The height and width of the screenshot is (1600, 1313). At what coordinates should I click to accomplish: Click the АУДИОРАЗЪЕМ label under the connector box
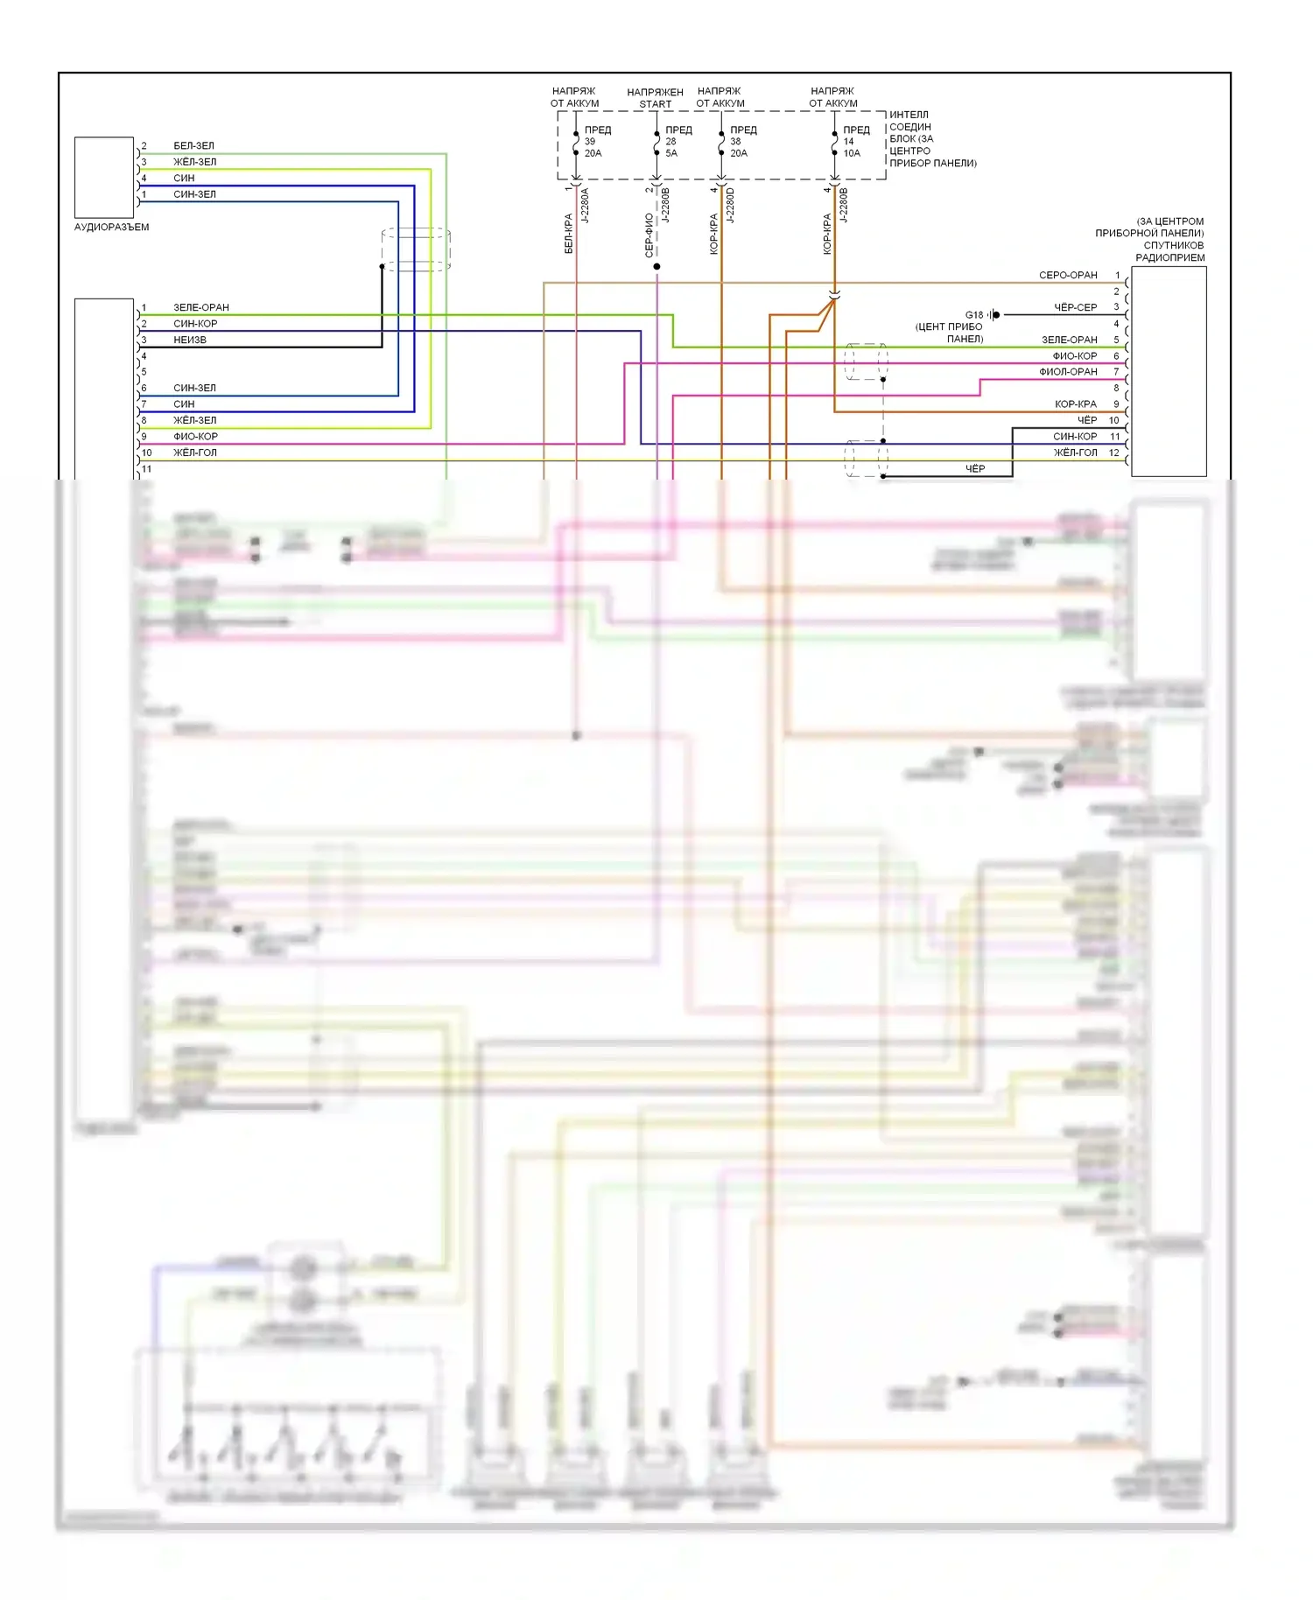click(111, 228)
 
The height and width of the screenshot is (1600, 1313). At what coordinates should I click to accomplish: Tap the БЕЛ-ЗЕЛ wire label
click(193, 146)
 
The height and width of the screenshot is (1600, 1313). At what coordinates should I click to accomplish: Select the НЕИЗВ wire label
click(190, 340)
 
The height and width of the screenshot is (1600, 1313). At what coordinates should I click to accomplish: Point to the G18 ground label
click(973, 315)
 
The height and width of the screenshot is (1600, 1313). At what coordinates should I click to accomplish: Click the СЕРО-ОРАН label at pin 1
click(1068, 276)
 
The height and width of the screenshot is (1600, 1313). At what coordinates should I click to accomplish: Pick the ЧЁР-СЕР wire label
click(1075, 308)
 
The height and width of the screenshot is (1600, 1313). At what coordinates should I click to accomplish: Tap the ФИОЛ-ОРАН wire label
click(1068, 372)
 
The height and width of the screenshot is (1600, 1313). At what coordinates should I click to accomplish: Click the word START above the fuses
click(655, 104)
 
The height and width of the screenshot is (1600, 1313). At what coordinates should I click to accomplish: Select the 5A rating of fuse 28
click(671, 153)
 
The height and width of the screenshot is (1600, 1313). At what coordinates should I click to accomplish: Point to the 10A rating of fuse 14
click(852, 153)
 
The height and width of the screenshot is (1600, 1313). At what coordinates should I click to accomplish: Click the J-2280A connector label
click(586, 206)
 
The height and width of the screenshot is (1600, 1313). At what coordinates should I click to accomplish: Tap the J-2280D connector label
click(731, 206)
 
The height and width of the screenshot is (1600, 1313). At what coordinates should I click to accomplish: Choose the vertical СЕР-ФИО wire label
click(649, 235)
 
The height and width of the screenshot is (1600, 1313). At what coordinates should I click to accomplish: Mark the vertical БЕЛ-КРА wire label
click(568, 234)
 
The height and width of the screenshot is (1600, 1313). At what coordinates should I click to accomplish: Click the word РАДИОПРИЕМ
click(1169, 258)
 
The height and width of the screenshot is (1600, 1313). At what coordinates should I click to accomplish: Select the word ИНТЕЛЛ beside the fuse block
click(909, 115)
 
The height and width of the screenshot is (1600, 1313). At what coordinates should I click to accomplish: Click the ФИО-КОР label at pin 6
click(1074, 356)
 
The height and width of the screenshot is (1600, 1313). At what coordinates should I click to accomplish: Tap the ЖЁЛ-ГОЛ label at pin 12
click(1075, 453)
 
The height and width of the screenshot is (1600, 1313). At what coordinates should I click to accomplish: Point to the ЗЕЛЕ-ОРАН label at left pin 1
click(201, 308)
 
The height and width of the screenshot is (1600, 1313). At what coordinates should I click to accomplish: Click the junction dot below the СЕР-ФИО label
click(656, 266)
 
